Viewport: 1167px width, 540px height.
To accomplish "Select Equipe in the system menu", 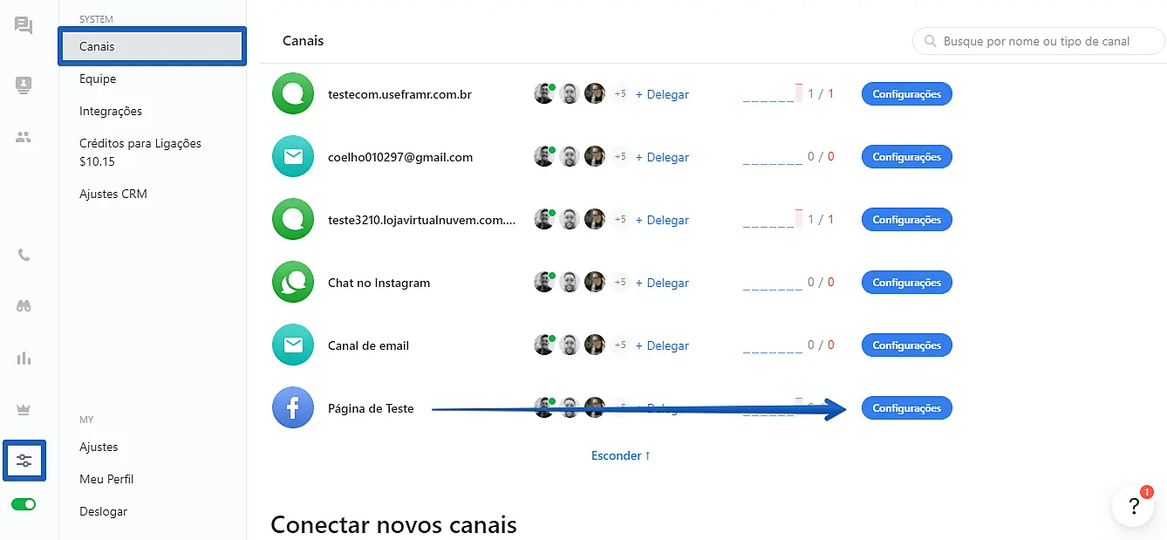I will [x=98, y=79].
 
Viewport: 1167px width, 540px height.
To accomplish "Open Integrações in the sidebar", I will [x=111, y=111].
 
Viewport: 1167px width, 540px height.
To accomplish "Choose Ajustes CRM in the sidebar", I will [x=113, y=194].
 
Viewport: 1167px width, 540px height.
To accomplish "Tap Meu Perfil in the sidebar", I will [x=106, y=479].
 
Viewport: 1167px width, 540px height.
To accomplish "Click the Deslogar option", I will [x=103, y=511].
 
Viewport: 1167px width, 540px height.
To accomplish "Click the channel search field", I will [x=1038, y=41].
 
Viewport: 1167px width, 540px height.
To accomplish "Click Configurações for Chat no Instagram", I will [x=906, y=283].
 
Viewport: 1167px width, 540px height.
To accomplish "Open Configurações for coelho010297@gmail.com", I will [x=906, y=157].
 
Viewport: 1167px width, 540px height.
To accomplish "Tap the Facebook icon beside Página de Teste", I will [x=293, y=408].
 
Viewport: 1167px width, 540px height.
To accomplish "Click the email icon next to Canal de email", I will [x=293, y=345].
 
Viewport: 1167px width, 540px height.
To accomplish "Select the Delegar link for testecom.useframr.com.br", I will [x=662, y=94].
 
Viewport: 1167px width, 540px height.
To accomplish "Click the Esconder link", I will [x=621, y=455].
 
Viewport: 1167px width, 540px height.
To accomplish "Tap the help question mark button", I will [x=1133, y=507].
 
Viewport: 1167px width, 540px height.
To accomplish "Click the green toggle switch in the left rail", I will [x=24, y=504].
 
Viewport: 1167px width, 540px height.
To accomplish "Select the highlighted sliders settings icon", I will [x=24, y=461].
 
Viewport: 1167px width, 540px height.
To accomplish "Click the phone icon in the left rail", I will [x=24, y=256].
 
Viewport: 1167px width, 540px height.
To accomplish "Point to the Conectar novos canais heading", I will [x=393, y=524].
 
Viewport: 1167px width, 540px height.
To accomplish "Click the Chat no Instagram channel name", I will [x=379, y=283].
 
